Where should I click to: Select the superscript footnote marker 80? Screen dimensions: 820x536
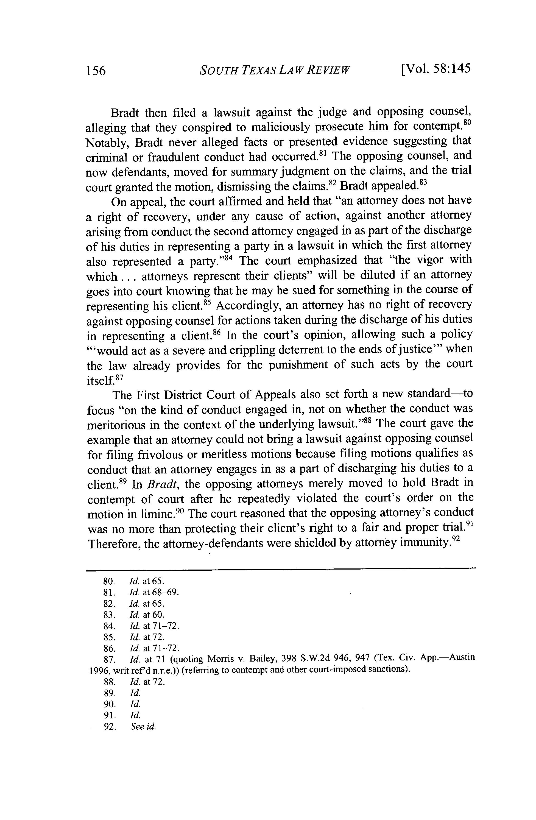pos(467,123)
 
